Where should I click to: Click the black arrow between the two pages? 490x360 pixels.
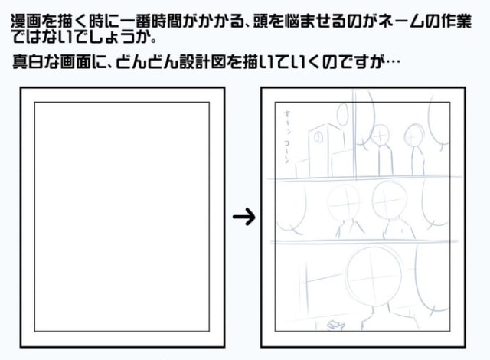(243, 218)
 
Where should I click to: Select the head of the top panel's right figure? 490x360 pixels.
(414, 135)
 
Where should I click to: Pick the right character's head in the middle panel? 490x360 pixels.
(385, 200)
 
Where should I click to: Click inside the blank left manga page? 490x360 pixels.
(122, 214)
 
